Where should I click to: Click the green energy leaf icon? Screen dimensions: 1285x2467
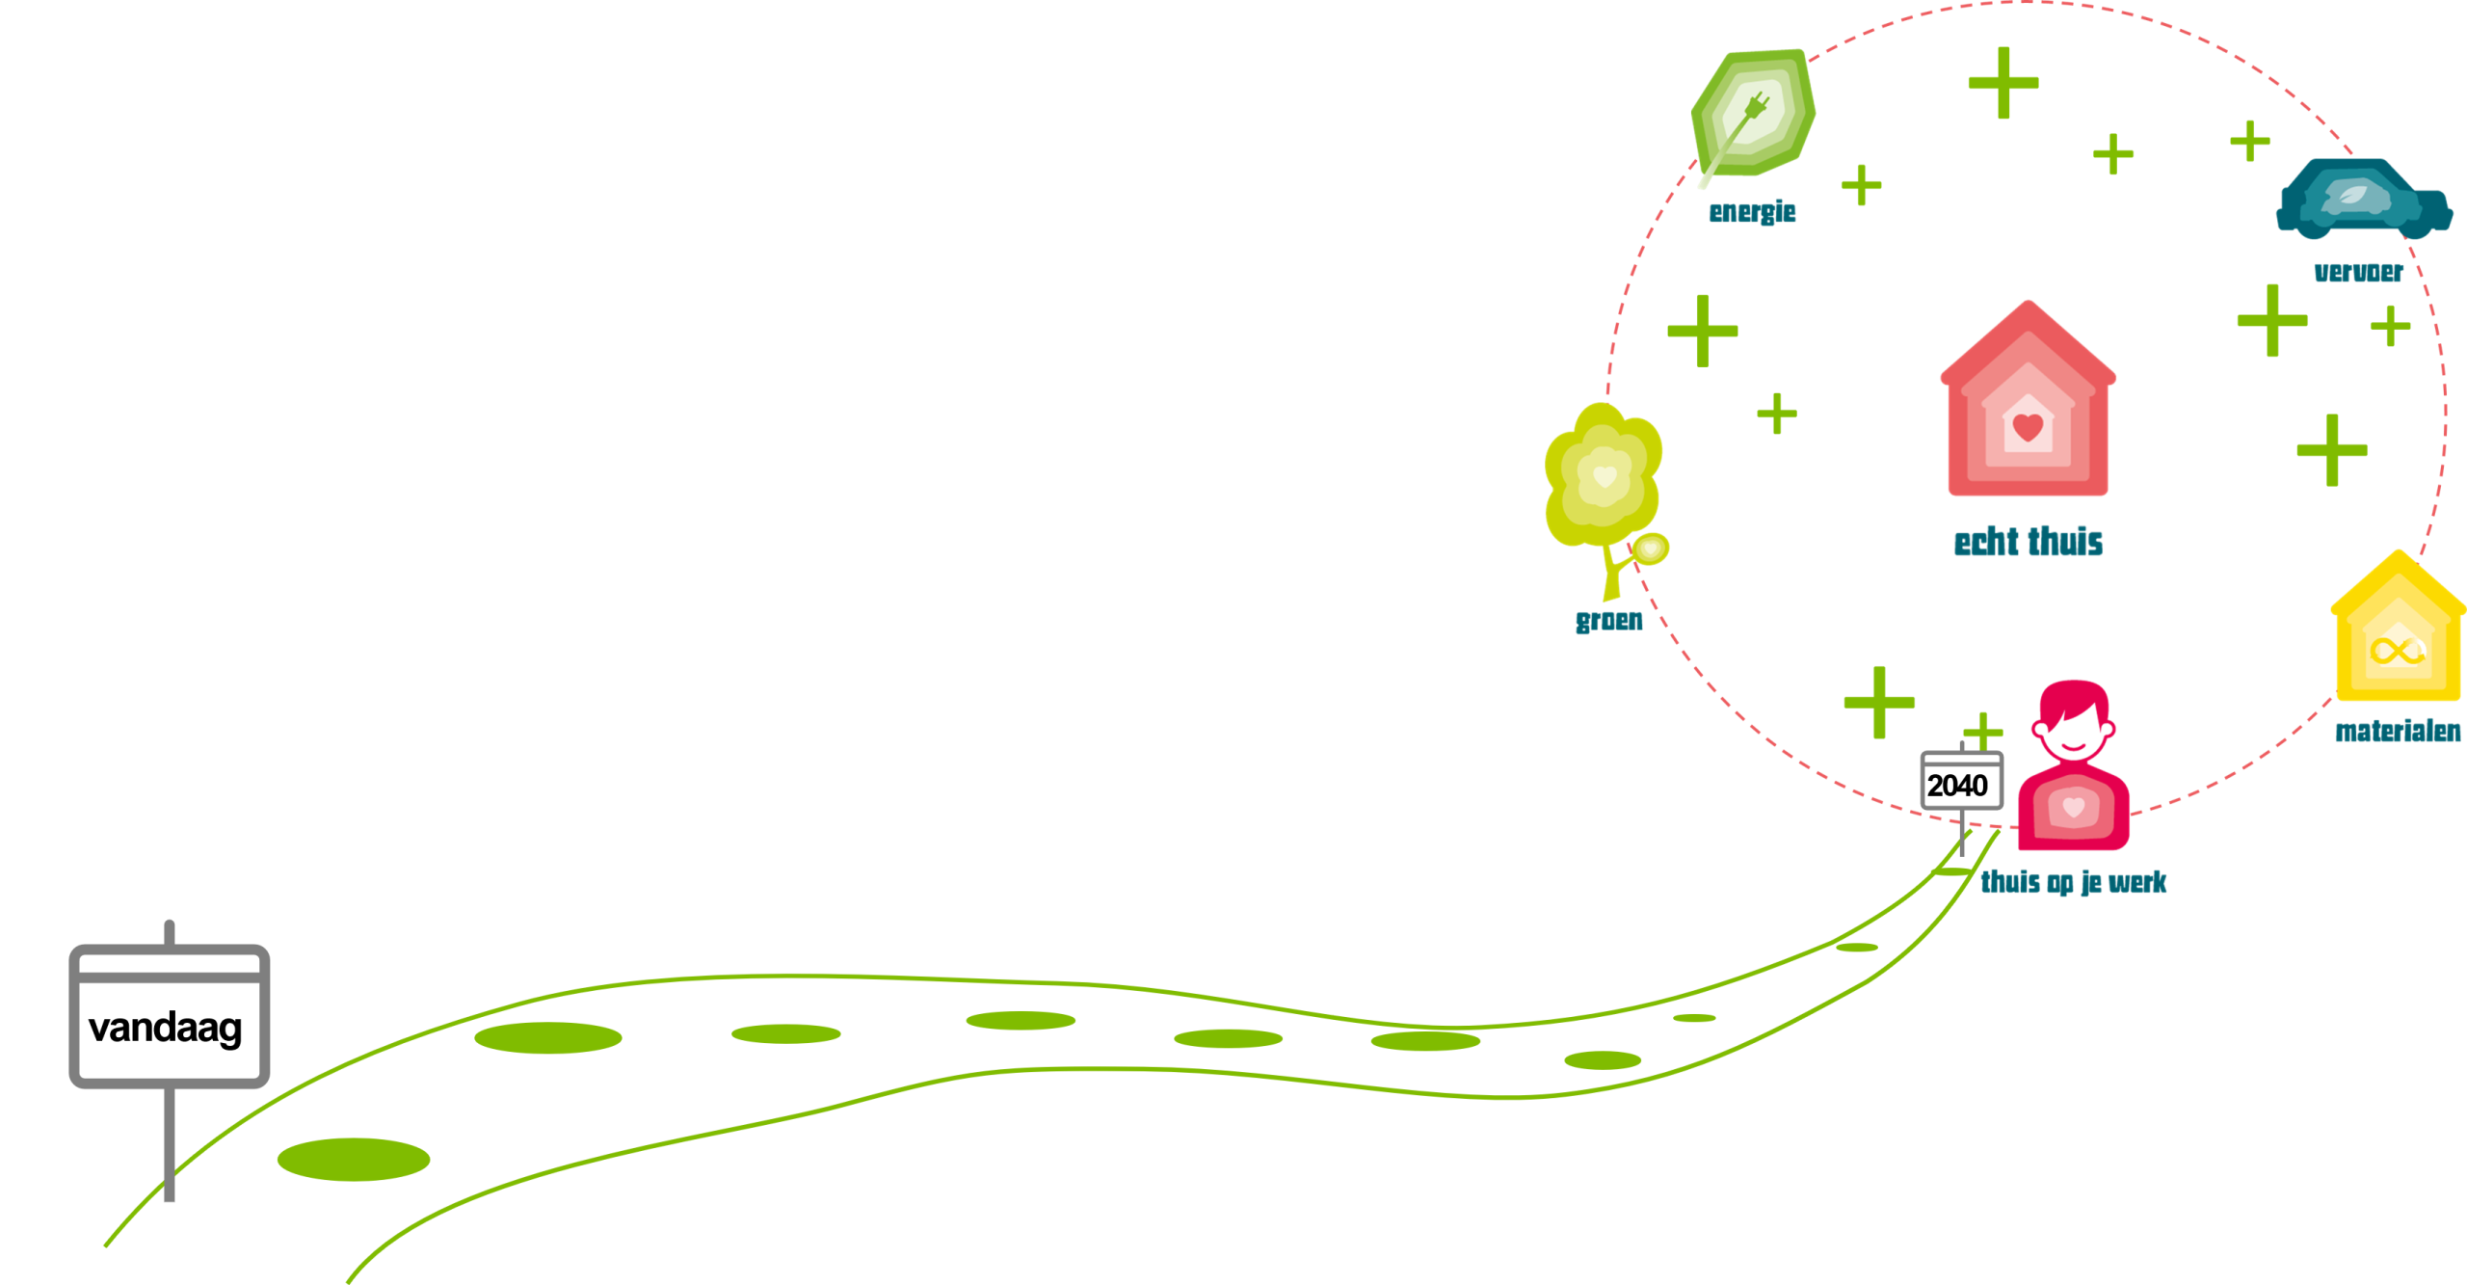pos(1753,113)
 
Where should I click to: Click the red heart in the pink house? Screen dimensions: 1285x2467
pos(2028,426)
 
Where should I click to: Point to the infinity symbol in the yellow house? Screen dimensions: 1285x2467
pos(2397,651)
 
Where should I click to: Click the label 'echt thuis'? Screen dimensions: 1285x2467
pos(2028,543)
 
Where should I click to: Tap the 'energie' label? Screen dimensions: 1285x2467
pos(1752,212)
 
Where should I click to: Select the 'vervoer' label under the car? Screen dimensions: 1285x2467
pos(2358,273)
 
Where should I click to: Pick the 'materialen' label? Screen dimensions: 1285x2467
pos(2397,732)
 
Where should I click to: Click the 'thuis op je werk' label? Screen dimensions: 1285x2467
pos(2073,882)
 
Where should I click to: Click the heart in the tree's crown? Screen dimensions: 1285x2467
pos(1604,475)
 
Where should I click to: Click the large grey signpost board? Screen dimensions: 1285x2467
pos(170,1017)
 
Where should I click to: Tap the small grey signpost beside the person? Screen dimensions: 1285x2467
pos(1962,781)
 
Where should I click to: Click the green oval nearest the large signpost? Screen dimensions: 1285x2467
pos(353,1159)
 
